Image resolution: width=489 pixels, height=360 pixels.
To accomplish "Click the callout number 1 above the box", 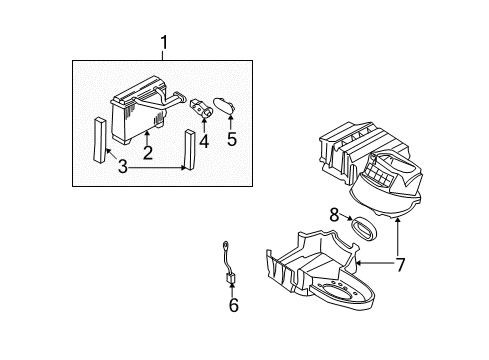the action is [x=163, y=43].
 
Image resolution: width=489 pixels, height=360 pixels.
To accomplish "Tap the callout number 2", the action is [x=148, y=152].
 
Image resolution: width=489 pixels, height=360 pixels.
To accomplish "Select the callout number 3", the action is [x=123, y=166].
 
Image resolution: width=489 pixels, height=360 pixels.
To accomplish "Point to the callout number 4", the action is [x=204, y=141].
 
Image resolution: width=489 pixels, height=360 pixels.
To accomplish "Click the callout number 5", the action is [x=232, y=139].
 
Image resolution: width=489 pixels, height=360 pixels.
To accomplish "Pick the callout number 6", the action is [x=234, y=305].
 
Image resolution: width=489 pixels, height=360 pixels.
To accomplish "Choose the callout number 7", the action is [x=400, y=265].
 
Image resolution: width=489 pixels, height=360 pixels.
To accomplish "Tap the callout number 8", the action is [x=334, y=215].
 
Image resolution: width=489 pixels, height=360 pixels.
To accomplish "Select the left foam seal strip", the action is [x=100, y=139].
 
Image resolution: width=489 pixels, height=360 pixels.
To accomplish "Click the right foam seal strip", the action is [x=190, y=150].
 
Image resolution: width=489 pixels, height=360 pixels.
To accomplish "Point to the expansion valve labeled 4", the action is [x=201, y=108].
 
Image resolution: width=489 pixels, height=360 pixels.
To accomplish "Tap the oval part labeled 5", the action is [x=224, y=105].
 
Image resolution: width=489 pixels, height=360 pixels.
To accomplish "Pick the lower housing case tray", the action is [x=320, y=270].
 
